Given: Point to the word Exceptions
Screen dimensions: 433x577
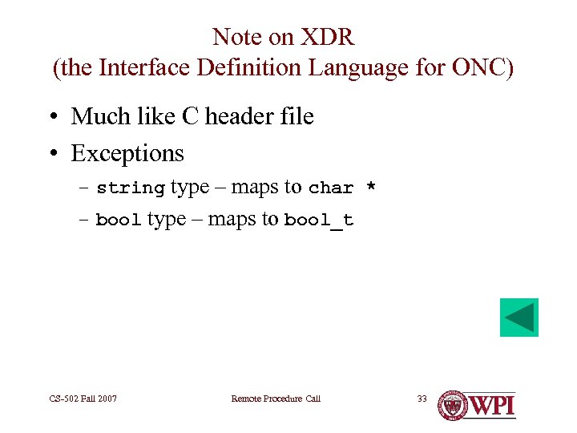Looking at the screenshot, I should [x=127, y=153].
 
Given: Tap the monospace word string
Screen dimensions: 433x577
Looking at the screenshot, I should [x=131, y=188].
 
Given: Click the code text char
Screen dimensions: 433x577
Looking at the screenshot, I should [x=331, y=188].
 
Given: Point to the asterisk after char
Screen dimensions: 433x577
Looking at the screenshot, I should [x=370, y=187].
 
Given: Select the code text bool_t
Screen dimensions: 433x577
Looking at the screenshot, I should [x=319, y=221].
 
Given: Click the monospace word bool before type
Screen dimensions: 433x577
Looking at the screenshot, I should [x=119, y=221].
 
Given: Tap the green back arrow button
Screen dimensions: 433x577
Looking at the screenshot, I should [x=519, y=318].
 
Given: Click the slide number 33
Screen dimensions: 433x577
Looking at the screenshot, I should [x=422, y=399].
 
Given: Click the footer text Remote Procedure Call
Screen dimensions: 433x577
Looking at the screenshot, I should [x=276, y=399].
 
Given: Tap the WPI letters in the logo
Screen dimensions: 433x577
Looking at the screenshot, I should [x=491, y=405].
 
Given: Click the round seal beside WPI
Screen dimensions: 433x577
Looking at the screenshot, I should [x=453, y=405].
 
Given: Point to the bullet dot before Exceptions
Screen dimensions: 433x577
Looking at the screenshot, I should [x=52, y=154].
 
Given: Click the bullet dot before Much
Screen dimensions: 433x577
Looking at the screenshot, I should [x=52, y=118].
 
